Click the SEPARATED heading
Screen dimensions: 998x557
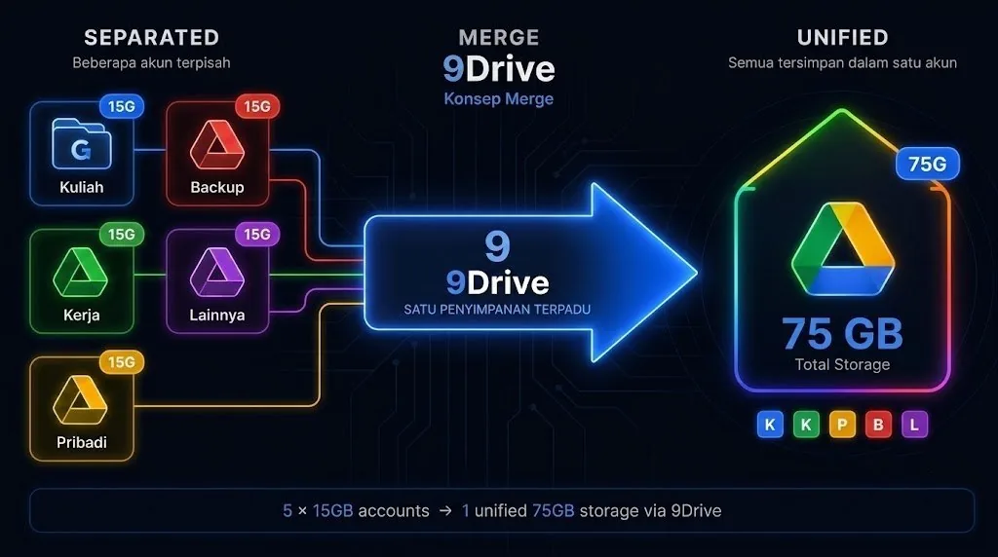click(x=151, y=38)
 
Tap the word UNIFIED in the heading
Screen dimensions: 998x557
click(x=843, y=38)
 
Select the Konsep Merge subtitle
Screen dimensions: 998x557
click(x=498, y=98)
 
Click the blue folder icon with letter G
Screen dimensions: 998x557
click(x=81, y=144)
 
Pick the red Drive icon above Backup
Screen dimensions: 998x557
click(x=217, y=145)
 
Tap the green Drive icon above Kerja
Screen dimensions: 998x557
click(x=80, y=272)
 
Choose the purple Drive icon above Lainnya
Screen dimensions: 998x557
click(x=217, y=272)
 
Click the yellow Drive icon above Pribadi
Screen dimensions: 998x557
click(x=80, y=400)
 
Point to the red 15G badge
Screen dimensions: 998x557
click(x=257, y=106)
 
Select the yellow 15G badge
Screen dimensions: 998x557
click(x=122, y=362)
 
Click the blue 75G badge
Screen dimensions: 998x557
click(x=928, y=164)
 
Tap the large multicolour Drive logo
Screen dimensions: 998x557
click(x=843, y=248)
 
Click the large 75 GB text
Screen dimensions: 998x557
click(x=842, y=334)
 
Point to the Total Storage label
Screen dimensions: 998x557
click(x=842, y=364)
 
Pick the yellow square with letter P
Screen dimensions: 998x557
click(x=842, y=425)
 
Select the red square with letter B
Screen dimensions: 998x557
click(x=878, y=425)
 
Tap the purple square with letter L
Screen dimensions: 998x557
click(x=914, y=425)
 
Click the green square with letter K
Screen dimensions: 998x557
click(x=806, y=425)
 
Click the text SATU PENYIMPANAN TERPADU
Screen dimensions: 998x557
click(x=497, y=310)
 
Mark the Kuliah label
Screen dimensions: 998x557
click(x=82, y=187)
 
